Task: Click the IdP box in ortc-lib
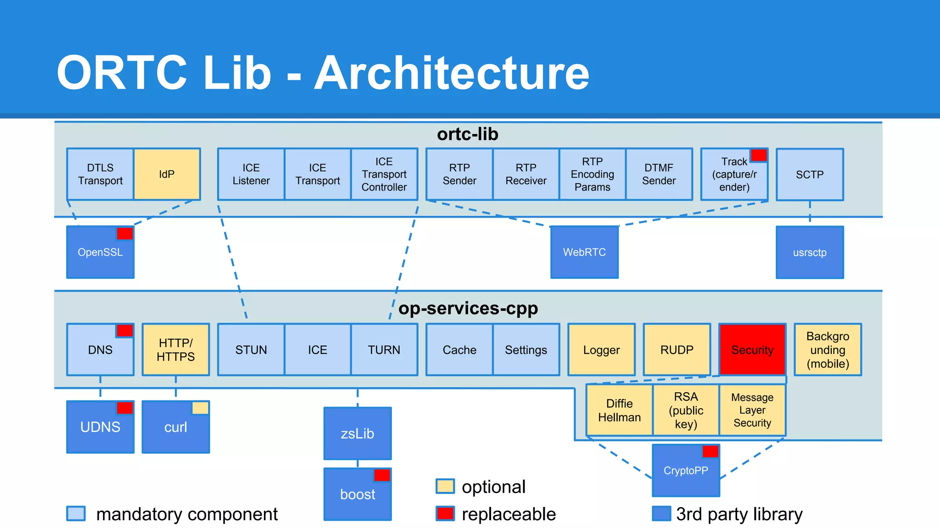coord(167,174)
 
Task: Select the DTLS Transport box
coord(100,174)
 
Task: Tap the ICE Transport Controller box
coord(384,174)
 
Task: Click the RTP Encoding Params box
coord(592,174)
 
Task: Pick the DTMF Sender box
coord(659,174)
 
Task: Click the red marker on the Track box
coord(759,155)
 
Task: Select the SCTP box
coord(810,174)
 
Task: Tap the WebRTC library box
coord(584,252)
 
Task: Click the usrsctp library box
coord(810,252)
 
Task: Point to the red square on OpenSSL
coord(124,233)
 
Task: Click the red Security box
coord(752,350)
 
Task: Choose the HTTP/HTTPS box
coord(176,350)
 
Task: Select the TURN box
coord(384,350)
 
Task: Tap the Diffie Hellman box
coord(619,410)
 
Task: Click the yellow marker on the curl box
coord(200,408)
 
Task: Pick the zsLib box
coord(358,433)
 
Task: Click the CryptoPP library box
coord(686,471)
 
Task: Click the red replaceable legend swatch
coord(445,513)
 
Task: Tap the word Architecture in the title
coord(452,73)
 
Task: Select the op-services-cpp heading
coord(468,308)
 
